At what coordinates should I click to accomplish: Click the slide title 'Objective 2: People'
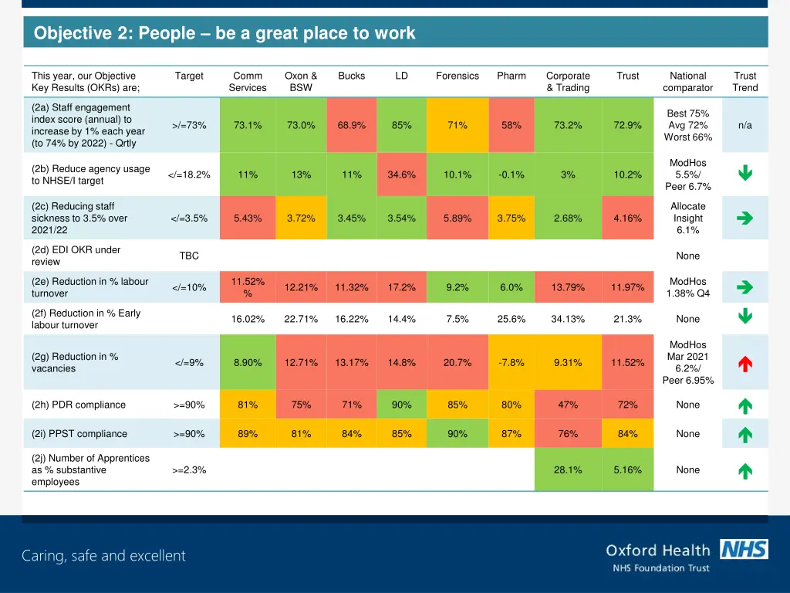(225, 33)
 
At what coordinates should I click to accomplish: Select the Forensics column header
(457, 76)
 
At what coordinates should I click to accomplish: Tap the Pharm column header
(511, 76)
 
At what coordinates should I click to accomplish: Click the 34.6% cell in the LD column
(401, 175)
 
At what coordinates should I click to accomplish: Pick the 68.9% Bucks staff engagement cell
(351, 125)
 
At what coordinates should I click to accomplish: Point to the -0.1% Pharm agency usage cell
(511, 175)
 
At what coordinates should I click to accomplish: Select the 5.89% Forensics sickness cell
(457, 219)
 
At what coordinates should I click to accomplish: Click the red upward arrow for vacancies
(744, 363)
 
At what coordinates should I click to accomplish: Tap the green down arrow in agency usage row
(744, 175)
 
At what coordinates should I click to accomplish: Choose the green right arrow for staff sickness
(744, 219)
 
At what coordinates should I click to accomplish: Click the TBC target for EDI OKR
(189, 256)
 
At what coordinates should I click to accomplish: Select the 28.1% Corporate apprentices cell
(568, 469)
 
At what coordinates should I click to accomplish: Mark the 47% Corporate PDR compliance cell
(568, 405)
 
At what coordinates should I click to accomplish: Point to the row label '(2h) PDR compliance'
(79, 405)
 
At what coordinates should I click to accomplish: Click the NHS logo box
(744, 549)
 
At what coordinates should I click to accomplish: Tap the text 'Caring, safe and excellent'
(103, 555)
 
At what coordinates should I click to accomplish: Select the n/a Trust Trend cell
(744, 125)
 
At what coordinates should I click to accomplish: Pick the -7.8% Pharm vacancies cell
(511, 363)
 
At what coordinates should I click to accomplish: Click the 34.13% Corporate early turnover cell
(568, 319)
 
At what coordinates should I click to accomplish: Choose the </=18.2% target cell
(189, 175)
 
